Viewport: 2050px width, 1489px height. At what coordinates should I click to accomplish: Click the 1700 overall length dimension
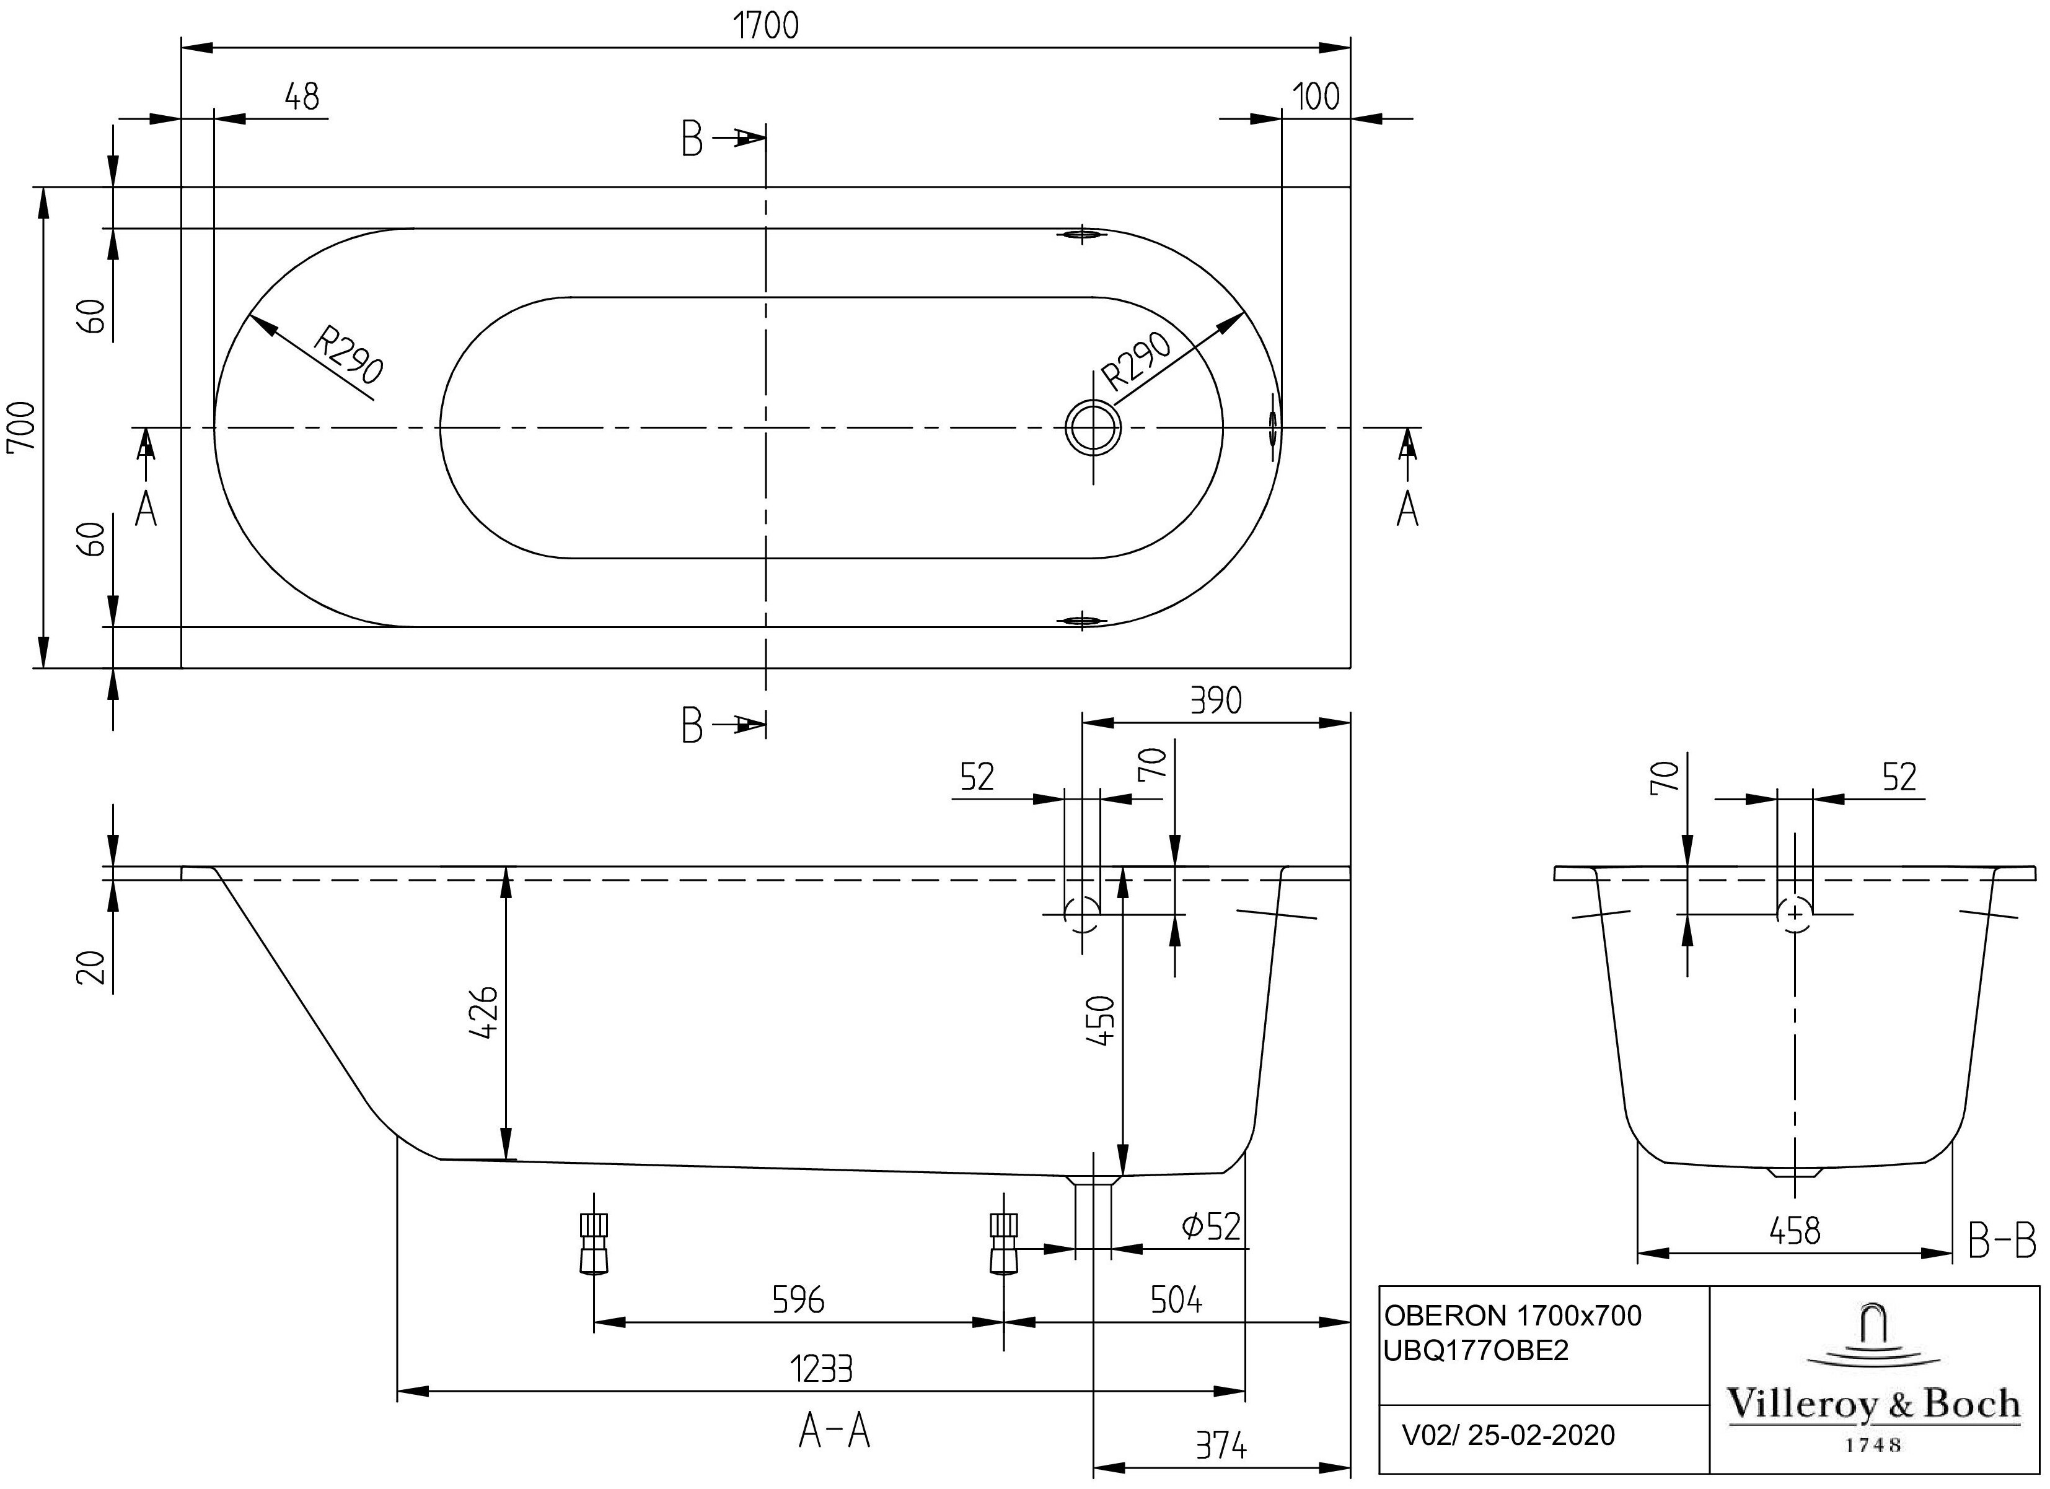[765, 25]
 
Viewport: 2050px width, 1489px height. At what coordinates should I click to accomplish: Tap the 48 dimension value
[302, 96]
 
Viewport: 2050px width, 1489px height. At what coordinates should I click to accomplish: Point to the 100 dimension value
[1316, 96]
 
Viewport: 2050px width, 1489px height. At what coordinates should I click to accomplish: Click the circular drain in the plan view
[1093, 427]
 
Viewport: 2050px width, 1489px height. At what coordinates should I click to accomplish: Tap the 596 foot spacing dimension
[798, 1299]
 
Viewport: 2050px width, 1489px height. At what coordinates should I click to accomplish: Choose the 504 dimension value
[1176, 1299]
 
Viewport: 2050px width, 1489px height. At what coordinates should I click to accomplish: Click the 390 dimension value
[1216, 701]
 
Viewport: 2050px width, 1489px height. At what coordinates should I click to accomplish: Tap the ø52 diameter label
[1211, 1226]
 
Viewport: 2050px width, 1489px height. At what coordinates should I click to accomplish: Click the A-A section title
[834, 1431]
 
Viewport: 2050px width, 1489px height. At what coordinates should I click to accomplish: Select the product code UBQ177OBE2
[1477, 1350]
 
